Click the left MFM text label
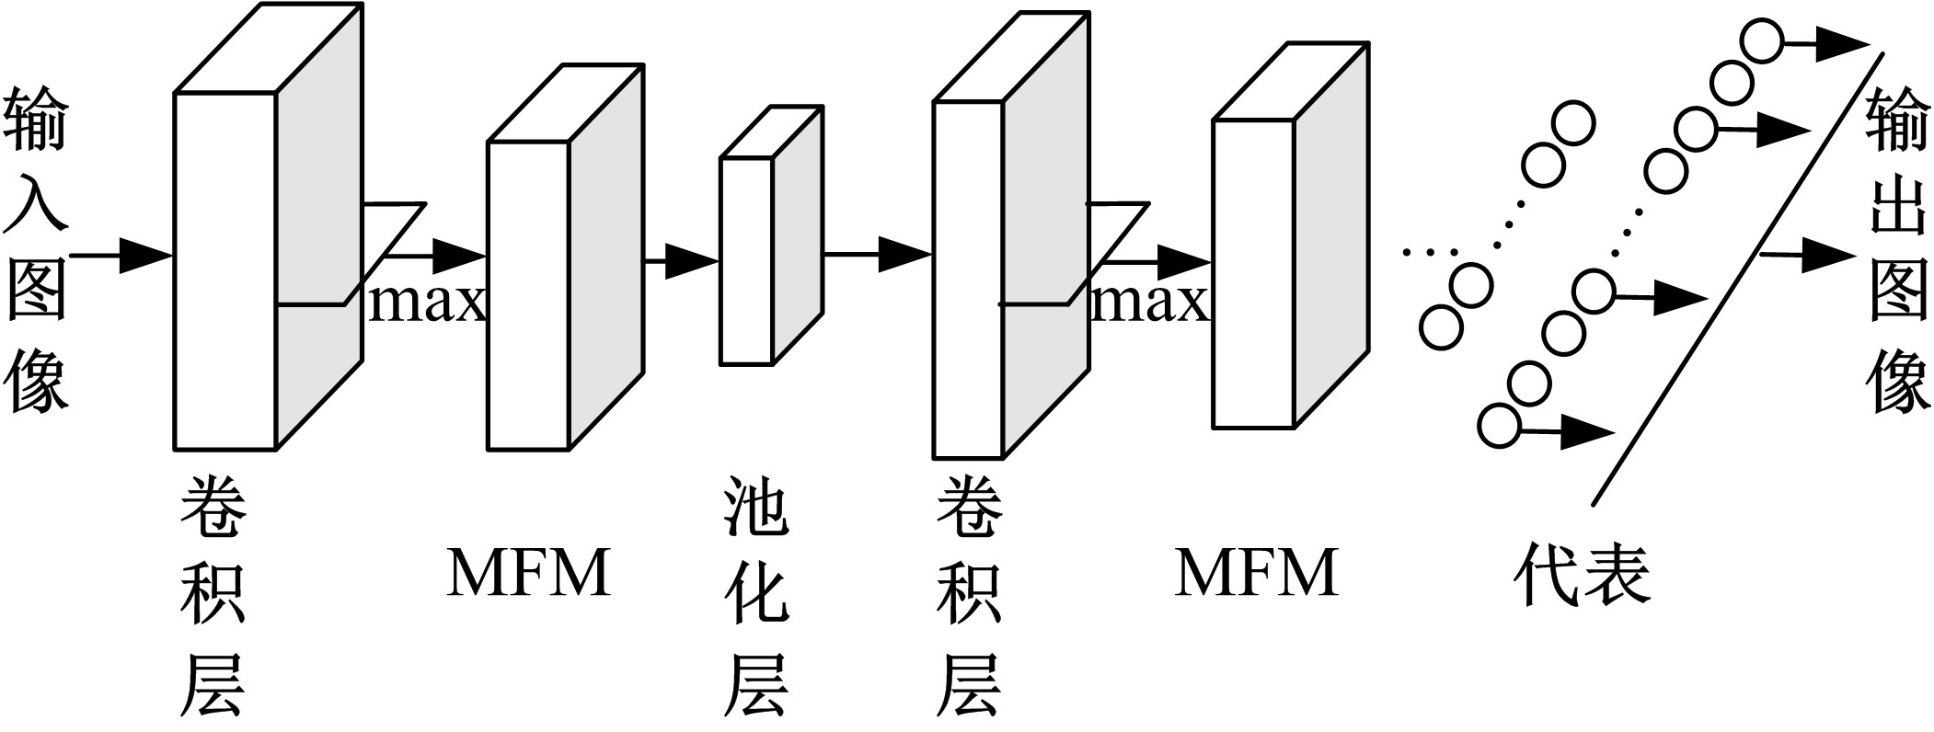(529, 572)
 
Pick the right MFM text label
(1256, 572)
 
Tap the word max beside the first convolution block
(425, 302)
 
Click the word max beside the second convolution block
(1148, 302)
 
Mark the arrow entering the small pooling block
(681, 261)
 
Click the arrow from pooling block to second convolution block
(877, 254)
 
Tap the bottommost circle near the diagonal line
(1499, 426)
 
